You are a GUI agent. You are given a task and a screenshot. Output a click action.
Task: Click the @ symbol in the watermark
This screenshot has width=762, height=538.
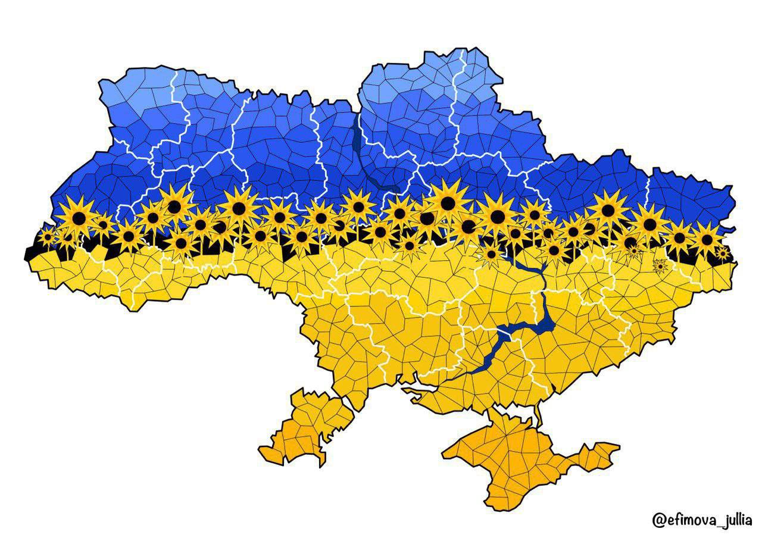click(659, 520)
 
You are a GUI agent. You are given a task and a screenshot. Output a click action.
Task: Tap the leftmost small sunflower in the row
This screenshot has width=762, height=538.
click(47, 236)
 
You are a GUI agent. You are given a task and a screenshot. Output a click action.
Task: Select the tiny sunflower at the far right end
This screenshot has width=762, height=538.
click(723, 254)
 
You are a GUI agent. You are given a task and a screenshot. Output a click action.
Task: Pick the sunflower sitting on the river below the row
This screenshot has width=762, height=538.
click(492, 255)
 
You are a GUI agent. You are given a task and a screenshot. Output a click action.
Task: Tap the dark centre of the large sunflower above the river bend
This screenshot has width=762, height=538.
click(448, 203)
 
